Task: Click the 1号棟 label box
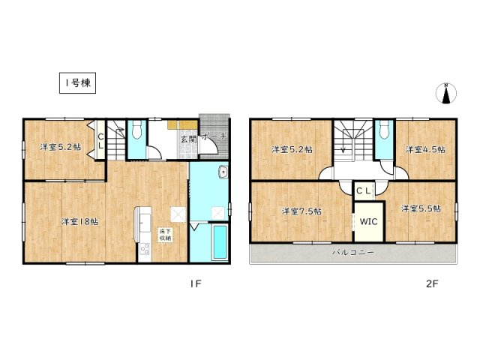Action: [x=76, y=82]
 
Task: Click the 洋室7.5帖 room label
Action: [x=301, y=211]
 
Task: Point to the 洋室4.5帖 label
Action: [x=425, y=149]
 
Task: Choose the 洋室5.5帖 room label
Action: [x=420, y=208]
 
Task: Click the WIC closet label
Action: [x=367, y=223]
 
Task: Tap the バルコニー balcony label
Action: [x=353, y=253]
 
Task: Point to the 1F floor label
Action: [x=193, y=284]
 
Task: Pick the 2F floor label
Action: [x=431, y=284]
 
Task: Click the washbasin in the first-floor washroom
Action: [x=222, y=175]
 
